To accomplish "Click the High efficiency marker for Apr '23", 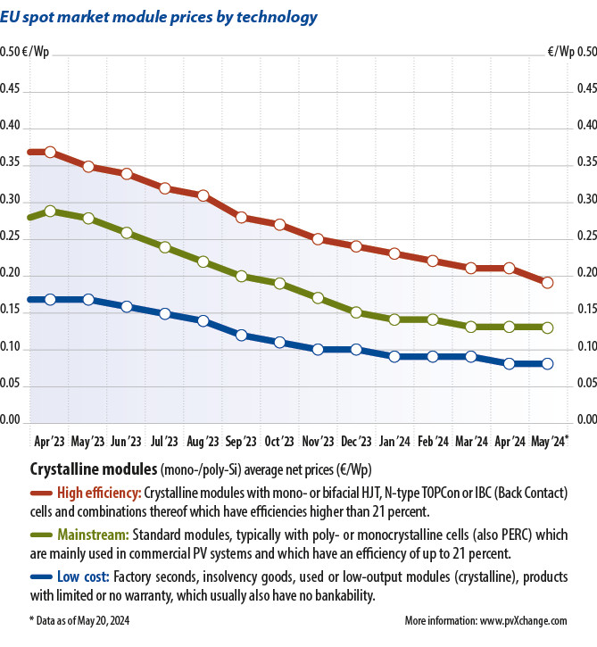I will pyautogui.click(x=50, y=153).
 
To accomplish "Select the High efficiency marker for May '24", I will pyautogui.click(x=547, y=283).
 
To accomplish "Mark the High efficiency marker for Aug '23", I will pyautogui.click(x=203, y=195).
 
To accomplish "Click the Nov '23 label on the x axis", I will pyautogui.click(x=317, y=441).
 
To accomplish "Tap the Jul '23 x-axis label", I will pyautogui.click(x=164, y=441).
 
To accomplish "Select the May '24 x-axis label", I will pyautogui.click(x=549, y=441).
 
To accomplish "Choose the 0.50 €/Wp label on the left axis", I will pyautogui.click(x=25, y=52).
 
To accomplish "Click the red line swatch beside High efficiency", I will pyautogui.click(x=40, y=493).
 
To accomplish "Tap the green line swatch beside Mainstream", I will pyautogui.click(x=40, y=535).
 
